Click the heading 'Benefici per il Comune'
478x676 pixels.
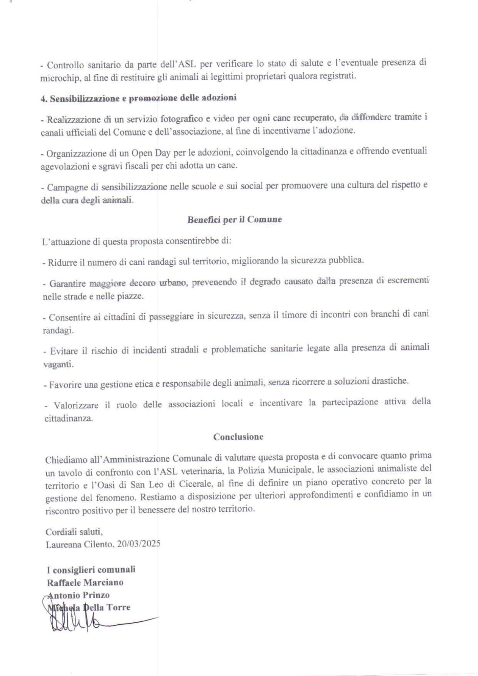235,220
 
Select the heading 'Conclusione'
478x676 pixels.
238,437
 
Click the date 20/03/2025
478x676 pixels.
139,544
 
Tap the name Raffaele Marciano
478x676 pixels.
85,582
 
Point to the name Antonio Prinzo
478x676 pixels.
78,595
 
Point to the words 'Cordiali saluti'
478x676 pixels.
74,532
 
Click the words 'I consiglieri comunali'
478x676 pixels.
91,570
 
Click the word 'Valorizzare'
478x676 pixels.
76,405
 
